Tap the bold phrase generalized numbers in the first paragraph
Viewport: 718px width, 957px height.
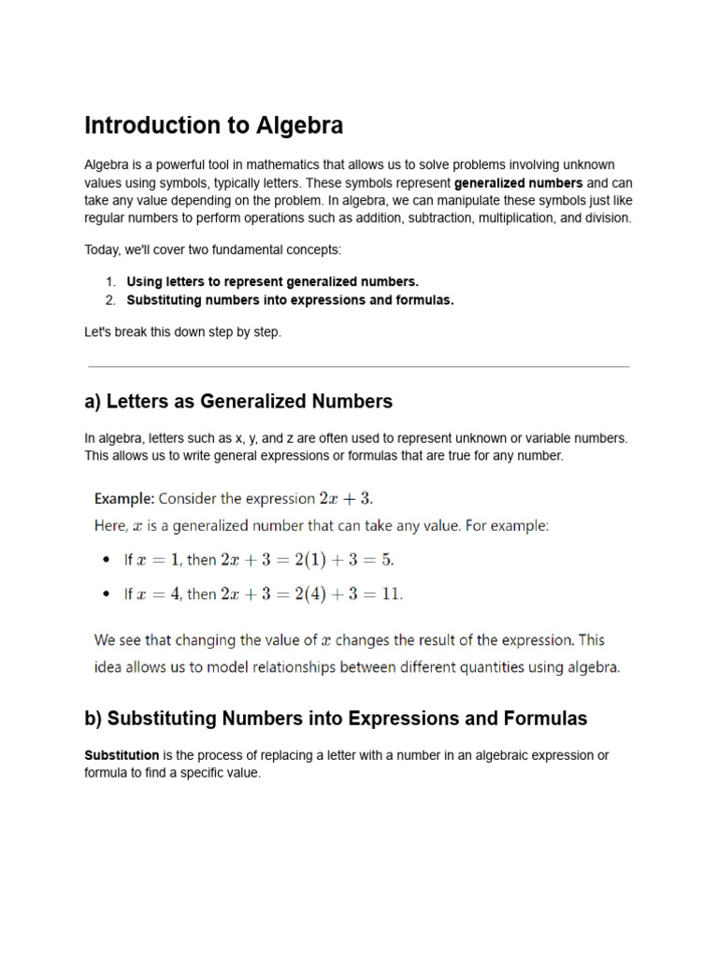tap(518, 183)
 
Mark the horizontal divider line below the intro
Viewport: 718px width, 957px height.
tap(358, 367)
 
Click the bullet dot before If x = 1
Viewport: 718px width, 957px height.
tap(104, 561)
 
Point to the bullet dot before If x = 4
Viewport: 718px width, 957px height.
tap(104, 594)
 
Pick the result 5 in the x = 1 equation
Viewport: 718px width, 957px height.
tap(388, 561)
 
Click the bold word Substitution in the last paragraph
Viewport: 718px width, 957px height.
tap(122, 755)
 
